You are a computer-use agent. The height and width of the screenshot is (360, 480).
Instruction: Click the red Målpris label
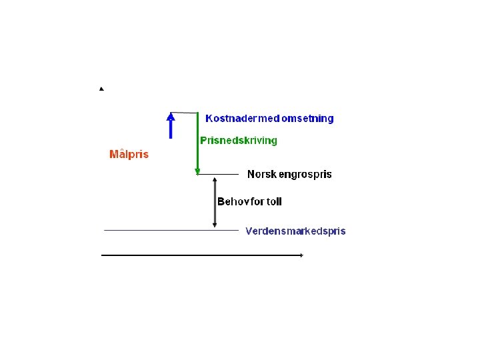coord(129,155)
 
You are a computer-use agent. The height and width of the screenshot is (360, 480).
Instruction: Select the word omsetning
coord(308,119)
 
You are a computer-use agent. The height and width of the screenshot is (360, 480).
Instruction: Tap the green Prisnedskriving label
coord(239,141)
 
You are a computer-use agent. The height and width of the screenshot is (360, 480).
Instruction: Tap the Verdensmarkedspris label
coord(295,231)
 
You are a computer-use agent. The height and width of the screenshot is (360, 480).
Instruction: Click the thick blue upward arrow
coord(171,127)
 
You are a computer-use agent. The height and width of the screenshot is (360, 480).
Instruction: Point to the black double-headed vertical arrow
coord(215,203)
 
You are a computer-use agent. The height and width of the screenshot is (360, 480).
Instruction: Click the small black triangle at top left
coord(101,89)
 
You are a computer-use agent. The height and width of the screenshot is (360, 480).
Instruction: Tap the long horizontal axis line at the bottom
coord(200,255)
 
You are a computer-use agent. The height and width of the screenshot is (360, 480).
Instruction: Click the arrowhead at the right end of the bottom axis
coord(301,255)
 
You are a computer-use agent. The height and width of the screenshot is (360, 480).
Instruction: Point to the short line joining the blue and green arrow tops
coord(185,113)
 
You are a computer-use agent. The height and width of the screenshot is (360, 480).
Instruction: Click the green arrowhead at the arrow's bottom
coord(197,171)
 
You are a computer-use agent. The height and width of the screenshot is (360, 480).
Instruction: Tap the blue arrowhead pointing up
coord(171,117)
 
